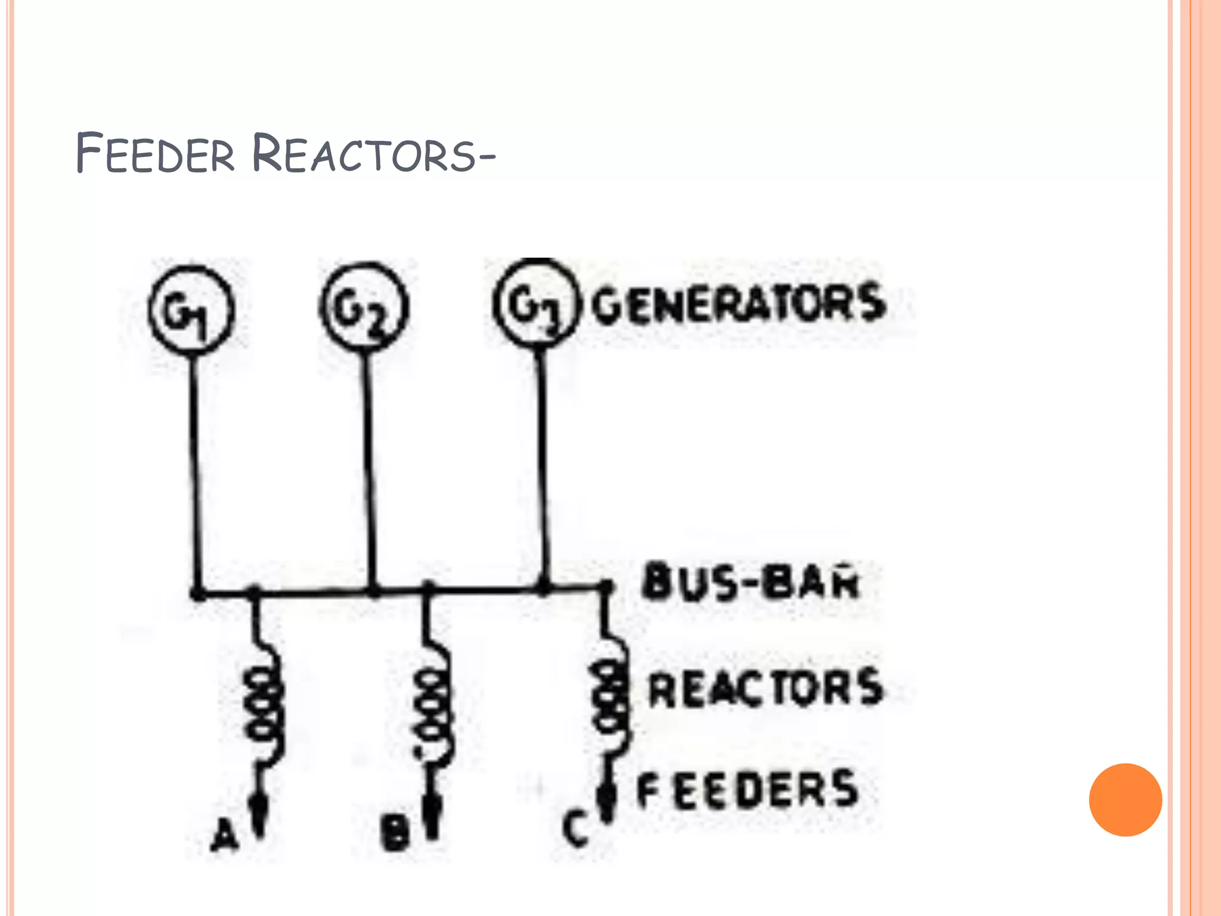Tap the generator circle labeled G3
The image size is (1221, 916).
(536, 303)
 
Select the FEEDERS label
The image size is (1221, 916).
(748, 790)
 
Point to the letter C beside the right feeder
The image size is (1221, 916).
(575, 828)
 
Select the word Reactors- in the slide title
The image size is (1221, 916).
(373, 154)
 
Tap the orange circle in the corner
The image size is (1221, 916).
(1125, 800)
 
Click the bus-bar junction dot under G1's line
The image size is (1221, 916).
(197, 593)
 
